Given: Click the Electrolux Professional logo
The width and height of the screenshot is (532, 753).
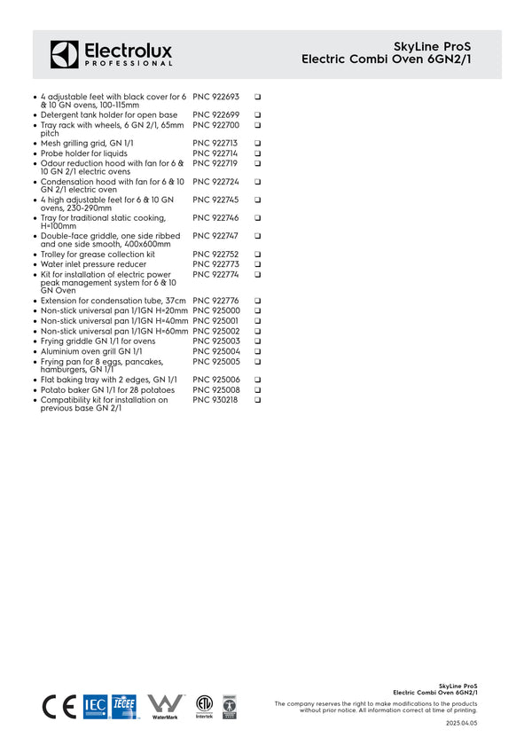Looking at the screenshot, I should [111, 54].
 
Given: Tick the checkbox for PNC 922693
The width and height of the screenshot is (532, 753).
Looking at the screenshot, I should [257, 97].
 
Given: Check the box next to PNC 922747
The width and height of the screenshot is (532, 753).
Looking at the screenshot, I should [257, 237].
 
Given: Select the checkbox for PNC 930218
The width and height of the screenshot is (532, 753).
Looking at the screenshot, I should [257, 401].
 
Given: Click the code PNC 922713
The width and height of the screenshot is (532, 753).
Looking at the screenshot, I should [215, 144].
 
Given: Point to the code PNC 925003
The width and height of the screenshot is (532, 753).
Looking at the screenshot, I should [215, 341].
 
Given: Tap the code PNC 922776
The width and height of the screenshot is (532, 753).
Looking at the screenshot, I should [215, 302].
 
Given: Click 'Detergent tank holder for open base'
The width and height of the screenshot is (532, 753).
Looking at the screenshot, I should [109, 115].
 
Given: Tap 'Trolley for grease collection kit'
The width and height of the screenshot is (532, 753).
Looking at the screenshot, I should [98, 255].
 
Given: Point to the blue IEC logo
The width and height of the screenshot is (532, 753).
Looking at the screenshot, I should [95, 706].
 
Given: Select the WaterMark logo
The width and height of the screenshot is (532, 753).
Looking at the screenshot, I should [165, 706].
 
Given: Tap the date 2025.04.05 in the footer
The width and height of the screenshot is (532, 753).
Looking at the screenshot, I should [461, 724].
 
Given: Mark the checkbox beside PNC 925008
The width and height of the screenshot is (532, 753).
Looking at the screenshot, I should [257, 390].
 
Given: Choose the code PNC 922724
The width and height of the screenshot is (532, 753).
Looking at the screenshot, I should [215, 182].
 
